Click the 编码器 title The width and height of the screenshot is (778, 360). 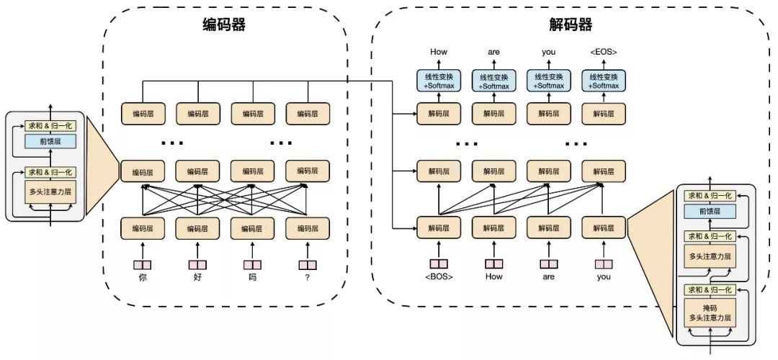click(223, 25)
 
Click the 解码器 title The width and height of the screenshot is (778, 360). click(570, 25)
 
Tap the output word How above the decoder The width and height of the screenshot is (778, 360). click(439, 52)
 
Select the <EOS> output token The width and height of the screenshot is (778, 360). click(603, 52)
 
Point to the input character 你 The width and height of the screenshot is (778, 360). click(142, 277)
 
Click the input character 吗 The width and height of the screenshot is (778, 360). click(252, 277)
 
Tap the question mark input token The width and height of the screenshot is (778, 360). click(308, 277)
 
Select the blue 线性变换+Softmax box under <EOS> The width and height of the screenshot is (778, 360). click(603, 81)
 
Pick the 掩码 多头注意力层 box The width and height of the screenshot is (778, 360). click(712, 313)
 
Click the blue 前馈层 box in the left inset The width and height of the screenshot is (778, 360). click(50, 142)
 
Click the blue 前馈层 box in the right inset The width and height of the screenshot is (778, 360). click(712, 212)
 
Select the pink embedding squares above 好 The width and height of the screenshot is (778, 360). click(197, 264)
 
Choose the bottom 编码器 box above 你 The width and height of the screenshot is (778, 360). click(142, 228)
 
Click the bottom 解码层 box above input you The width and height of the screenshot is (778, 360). click(603, 228)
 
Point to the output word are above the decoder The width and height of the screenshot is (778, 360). click(493, 52)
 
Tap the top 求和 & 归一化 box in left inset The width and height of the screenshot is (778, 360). click(50, 125)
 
